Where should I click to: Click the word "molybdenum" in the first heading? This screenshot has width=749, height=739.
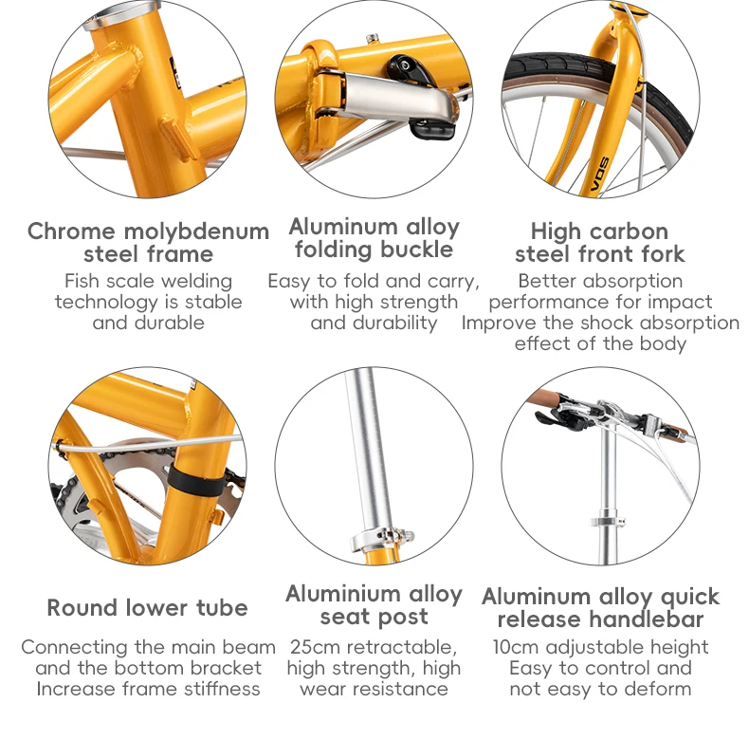pos(196,232)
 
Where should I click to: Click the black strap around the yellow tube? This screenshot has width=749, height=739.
pos(196,480)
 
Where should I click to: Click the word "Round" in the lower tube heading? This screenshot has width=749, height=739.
pos(83,608)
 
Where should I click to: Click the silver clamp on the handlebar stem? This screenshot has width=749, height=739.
pos(607,521)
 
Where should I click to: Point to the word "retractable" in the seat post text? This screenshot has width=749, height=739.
pos(401,648)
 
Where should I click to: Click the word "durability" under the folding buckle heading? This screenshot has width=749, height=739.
pos(394,323)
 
